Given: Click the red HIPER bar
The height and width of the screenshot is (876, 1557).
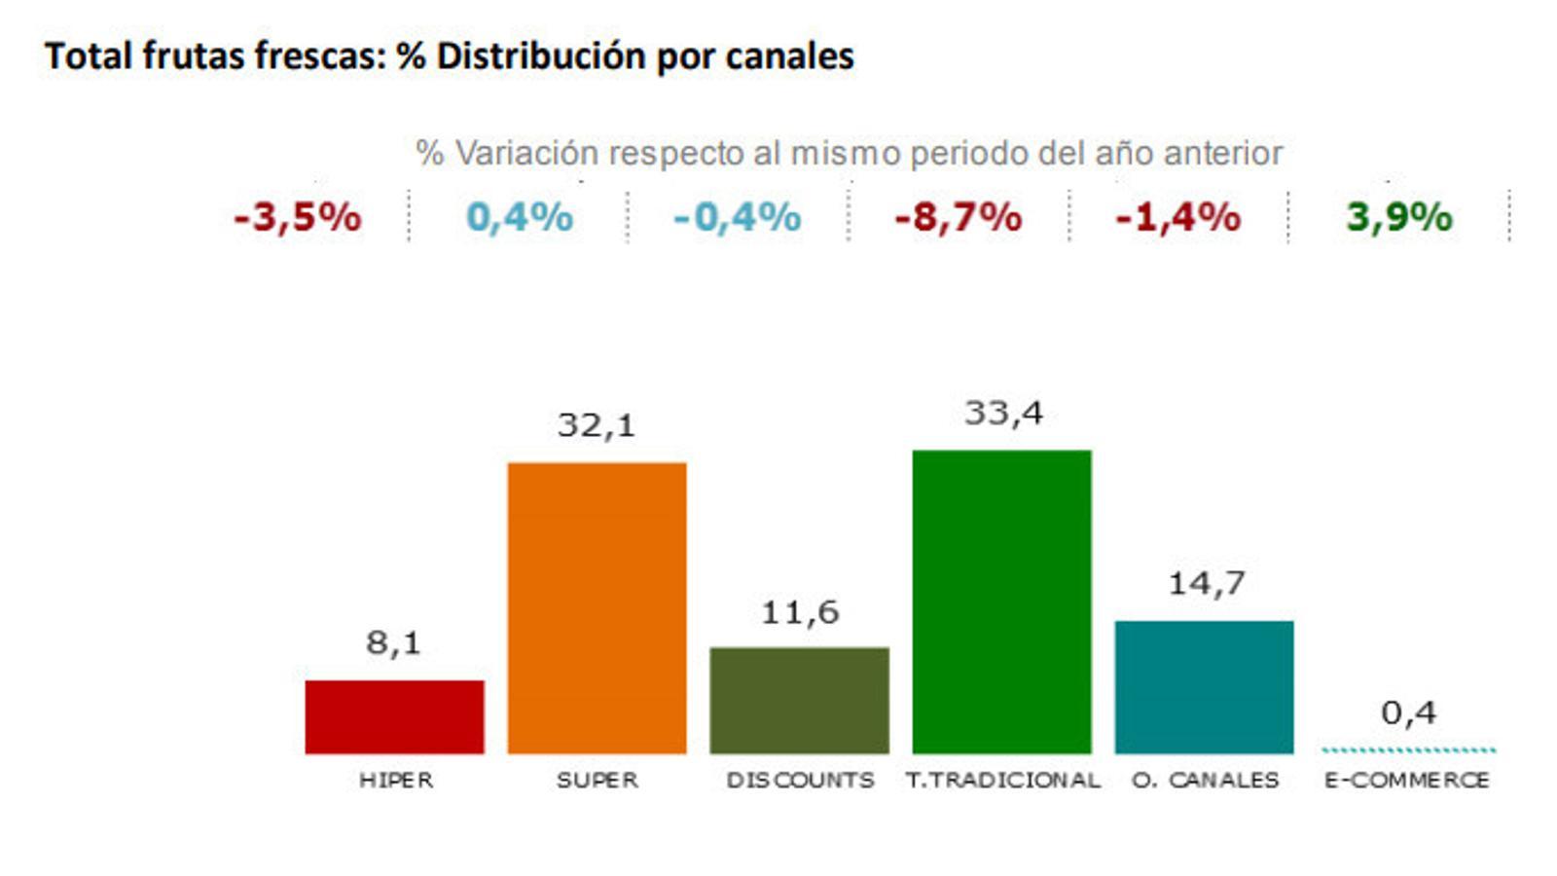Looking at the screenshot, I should pyautogui.click(x=394, y=716).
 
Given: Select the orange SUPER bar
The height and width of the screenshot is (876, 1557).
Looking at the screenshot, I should pyautogui.click(x=597, y=607).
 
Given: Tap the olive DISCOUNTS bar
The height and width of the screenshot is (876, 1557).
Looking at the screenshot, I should pyautogui.click(x=799, y=700).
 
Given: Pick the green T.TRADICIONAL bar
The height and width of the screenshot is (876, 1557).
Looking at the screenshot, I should pyautogui.click(x=1001, y=602).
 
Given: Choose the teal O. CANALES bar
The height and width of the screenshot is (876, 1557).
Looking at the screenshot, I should pyautogui.click(x=1204, y=686).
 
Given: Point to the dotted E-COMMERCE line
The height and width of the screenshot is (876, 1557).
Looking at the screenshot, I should pyautogui.click(x=1408, y=749).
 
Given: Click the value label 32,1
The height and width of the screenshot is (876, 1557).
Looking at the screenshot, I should pyautogui.click(x=596, y=425).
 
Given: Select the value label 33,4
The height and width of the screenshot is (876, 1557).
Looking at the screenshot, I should pyautogui.click(x=1003, y=414).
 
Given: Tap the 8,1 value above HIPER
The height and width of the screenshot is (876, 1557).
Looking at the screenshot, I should pyautogui.click(x=393, y=642).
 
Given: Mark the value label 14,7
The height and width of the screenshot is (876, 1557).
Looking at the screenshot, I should pyautogui.click(x=1206, y=583).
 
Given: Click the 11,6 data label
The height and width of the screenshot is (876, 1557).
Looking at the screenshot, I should pyautogui.click(x=799, y=612).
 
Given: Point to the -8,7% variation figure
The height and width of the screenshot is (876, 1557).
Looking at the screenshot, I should pyautogui.click(x=958, y=217).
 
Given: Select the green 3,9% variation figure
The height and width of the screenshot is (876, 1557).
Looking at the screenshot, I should pyautogui.click(x=1398, y=217).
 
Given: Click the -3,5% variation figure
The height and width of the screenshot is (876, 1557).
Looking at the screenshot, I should pyautogui.click(x=297, y=217).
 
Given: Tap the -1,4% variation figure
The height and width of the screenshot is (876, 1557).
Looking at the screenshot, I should pyautogui.click(x=1177, y=217).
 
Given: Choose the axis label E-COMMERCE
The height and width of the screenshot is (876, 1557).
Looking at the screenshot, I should pyautogui.click(x=1406, y=780).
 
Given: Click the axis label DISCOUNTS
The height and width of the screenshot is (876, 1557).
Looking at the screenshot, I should pyautogui.click(x=800, y=780).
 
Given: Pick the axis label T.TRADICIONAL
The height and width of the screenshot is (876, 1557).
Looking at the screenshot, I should pyautogui.click(x=1002, y=780).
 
